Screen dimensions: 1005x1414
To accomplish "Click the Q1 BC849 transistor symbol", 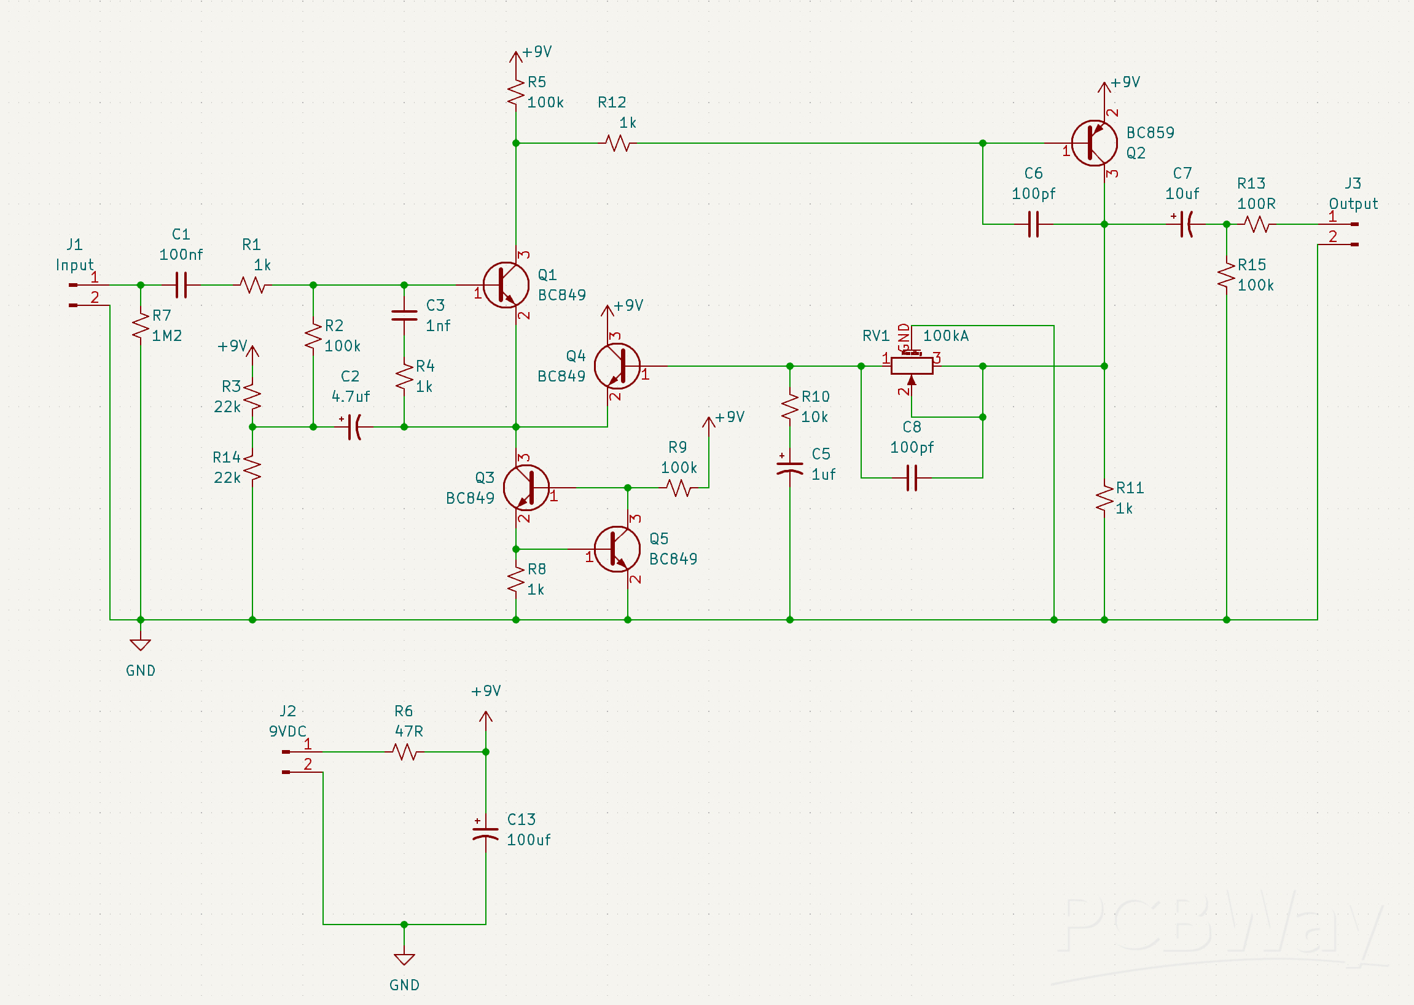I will coord(506,284).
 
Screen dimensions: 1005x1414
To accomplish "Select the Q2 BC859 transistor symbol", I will coord(1093,143).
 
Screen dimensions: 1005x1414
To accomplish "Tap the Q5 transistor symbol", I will coord(617,549).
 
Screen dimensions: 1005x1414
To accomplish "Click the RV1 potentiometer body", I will coord(912,366).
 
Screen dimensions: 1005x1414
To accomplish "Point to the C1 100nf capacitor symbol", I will coord(181,284).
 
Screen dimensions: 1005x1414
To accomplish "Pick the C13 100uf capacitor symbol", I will coord(485,833).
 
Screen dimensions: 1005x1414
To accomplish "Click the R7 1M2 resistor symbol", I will coord(141,326).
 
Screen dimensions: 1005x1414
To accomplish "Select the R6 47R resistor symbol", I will coord(404,752).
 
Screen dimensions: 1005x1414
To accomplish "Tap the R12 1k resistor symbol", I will coord(617,143).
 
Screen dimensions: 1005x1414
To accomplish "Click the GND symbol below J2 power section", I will coord(404,958).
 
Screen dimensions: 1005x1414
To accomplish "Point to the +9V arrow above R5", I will coord(515,58).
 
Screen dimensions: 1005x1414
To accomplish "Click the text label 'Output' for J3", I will coord(1353,203).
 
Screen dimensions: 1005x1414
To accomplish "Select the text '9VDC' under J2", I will coord(287,732).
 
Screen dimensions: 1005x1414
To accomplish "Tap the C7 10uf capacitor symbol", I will coord(1185,224).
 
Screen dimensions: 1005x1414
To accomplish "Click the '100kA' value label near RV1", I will coord(945,335).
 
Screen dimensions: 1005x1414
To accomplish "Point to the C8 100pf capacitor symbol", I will coord(912,478).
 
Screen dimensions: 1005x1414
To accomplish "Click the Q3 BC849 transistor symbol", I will coord(526,488).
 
